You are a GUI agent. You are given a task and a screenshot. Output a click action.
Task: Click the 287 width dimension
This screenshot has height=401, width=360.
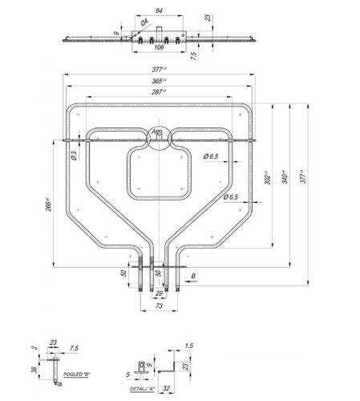coord(159,92)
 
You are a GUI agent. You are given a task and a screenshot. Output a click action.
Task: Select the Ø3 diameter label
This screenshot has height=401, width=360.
coord(73,156)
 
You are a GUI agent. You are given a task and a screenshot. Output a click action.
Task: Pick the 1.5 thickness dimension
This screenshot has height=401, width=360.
coord(189,345)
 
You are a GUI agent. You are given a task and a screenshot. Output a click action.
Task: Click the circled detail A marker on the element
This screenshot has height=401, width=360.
coord(159,132)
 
